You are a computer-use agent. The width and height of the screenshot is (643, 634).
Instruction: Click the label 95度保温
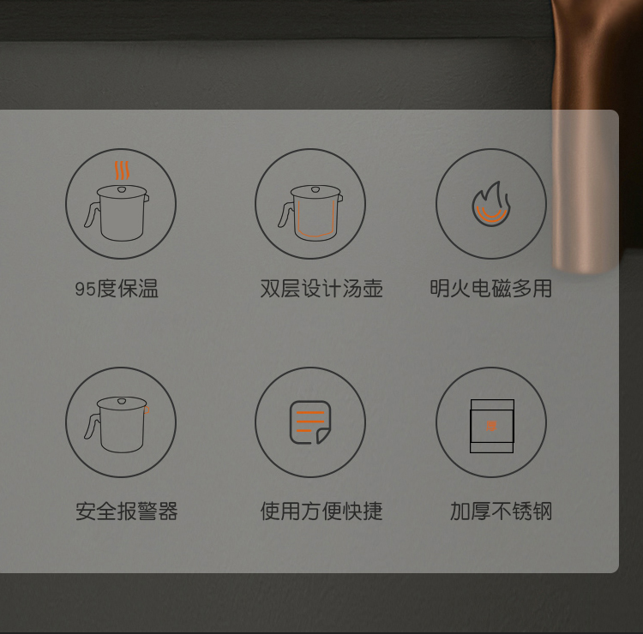[x=117, y=289]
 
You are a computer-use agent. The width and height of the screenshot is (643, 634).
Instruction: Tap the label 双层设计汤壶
[x=321, y=289]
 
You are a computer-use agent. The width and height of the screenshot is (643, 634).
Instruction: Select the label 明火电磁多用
[x=491, y=289]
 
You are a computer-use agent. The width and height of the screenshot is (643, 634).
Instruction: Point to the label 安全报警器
[x=127, y=511]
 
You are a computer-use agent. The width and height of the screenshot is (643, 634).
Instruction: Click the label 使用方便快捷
[x=321, y=511]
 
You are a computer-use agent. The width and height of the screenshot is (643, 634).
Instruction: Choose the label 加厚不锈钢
[x=502, y=511]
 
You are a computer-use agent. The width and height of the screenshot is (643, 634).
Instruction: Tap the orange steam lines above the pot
[x=122, y=170]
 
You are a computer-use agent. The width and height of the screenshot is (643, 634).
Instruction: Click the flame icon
[x=491, y=204]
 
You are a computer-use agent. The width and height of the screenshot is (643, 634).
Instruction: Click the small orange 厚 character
[x=491, y=426]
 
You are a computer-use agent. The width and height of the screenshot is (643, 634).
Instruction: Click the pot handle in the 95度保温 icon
[x=92, y=214]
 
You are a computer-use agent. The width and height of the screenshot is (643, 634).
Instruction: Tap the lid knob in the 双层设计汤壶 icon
[x=315, y=189]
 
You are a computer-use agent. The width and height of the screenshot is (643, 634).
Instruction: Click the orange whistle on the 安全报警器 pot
[x=147, y=410]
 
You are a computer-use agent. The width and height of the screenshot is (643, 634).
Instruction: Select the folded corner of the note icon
[x=322, y=435]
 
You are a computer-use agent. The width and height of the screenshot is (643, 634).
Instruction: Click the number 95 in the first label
[x=85, y=289]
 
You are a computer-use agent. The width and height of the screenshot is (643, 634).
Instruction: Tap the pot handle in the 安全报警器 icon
[x=92, y=427]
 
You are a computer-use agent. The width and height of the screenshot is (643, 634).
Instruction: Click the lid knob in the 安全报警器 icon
[x=122, y=400]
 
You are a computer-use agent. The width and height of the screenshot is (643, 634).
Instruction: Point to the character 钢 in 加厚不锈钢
[x=542, y=511]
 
